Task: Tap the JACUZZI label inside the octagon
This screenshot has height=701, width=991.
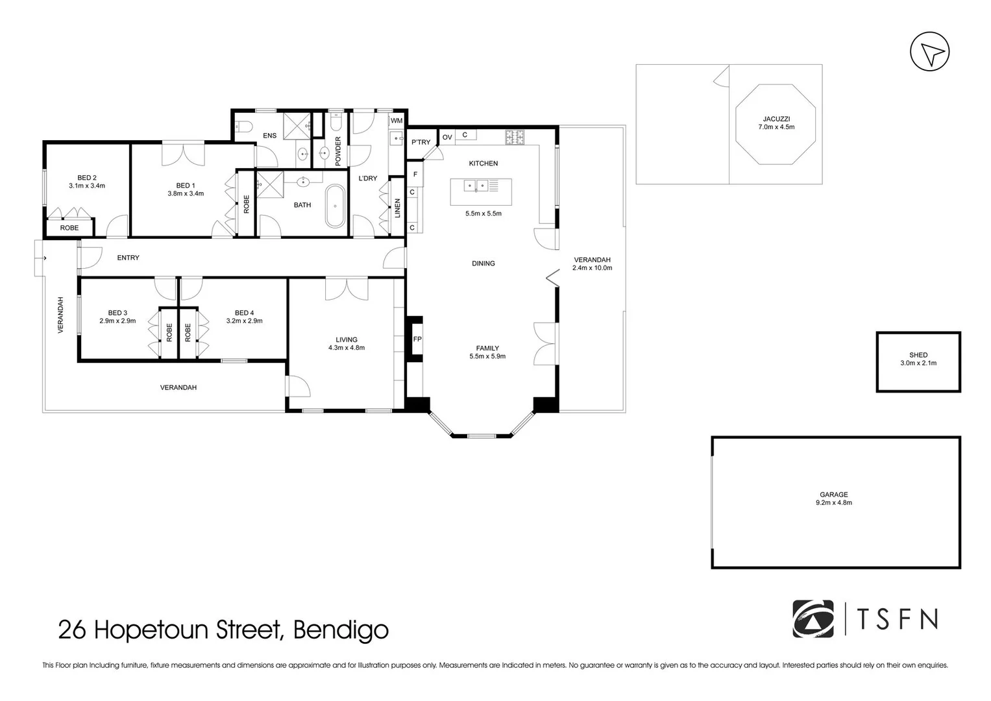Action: [x=776, y=119]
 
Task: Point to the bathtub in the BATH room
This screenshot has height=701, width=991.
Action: [x=336, y=206]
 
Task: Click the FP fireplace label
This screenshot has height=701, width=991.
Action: [x=417, y=339]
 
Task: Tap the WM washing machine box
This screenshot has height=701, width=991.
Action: [x=397, y=120]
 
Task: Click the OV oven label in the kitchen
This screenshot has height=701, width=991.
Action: [x=447, y=137]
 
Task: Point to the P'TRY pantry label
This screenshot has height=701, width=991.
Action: [x=421, y=142]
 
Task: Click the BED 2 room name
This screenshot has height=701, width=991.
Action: [x=87, y=178]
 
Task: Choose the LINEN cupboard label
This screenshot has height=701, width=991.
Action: [x=397, y=208]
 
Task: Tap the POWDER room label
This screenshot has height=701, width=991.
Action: [x=338, y=151]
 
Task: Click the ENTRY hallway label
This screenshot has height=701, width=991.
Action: [x=128, y=258]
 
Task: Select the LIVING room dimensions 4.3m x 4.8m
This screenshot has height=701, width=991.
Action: [x=347, y=348]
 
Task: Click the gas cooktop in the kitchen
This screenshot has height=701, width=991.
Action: [x=515, y=137]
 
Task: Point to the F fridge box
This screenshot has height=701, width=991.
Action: [x=415, y=175]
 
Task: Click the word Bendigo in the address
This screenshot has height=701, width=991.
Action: [x=341, y=630]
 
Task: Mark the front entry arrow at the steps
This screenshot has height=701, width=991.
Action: [x=43, y=258]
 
